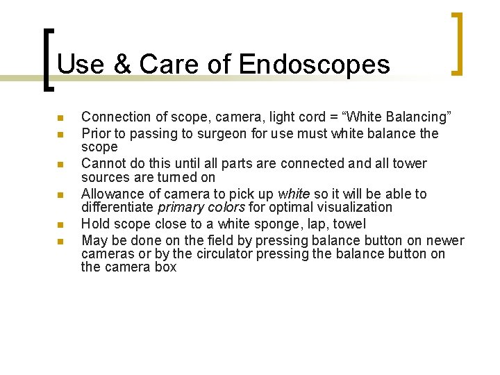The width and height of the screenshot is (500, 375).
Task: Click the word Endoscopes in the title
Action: [314, 65]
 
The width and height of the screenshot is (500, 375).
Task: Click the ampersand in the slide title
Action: [120, 65]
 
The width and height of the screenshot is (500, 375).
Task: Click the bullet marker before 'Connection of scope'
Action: [60, 117]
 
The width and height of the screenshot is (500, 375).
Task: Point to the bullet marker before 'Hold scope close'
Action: [60, 225]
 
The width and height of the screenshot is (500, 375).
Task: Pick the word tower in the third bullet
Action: [410, 163]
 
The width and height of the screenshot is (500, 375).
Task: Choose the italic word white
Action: [293, 194]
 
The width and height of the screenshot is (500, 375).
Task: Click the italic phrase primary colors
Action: [201, 207]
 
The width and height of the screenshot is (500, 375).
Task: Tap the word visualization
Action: [355, 207]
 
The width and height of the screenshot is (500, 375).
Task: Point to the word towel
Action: [349, 224]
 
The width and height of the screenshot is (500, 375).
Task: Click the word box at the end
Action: [166, 267]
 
